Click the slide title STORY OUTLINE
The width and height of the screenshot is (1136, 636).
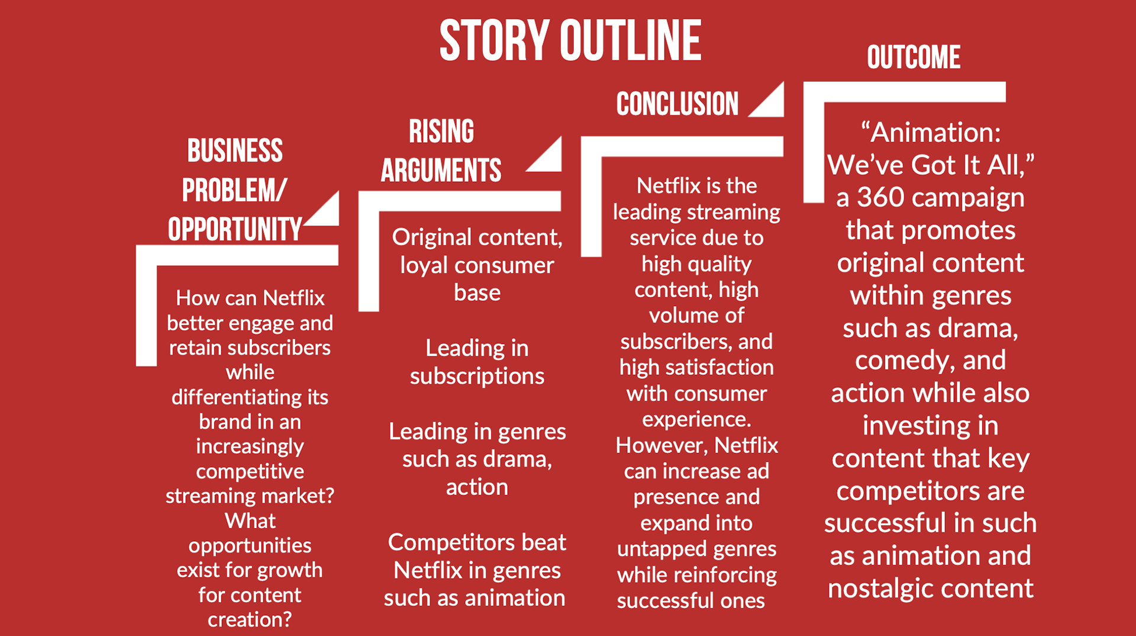pyautogui.click(x=570, y=40)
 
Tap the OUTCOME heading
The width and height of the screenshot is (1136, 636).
pyautogui.click(x=914, y=57)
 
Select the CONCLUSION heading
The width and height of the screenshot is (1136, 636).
pyautogui.click(x=677, y=104)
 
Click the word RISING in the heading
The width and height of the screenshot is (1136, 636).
pyautogui.click(x=441, y=131)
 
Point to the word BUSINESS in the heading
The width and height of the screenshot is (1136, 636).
pyautogui.click(x=235, y=151)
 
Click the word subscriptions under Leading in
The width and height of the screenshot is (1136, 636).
pyautogui.click(x=477, y=377)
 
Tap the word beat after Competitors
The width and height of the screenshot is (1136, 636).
pyautogui.click(x=543, y=542)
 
